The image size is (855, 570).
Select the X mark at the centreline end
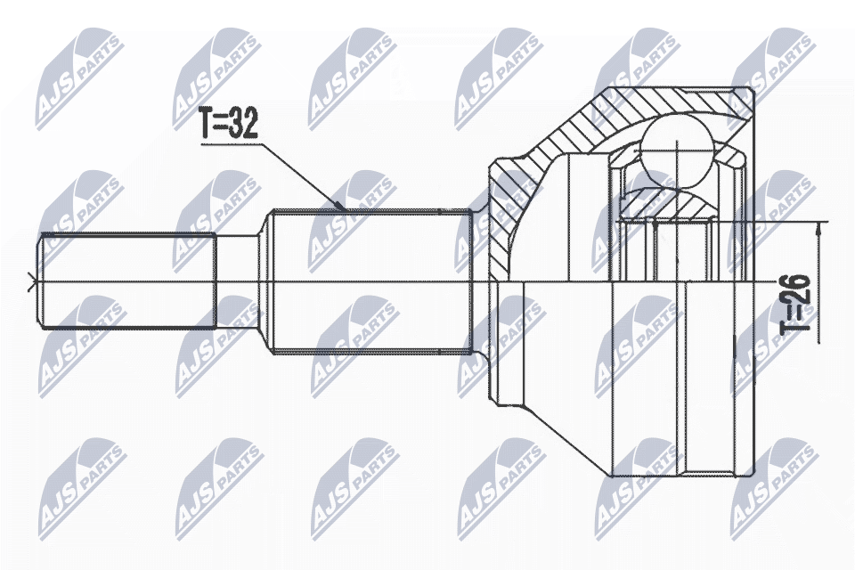click(33, 284)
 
